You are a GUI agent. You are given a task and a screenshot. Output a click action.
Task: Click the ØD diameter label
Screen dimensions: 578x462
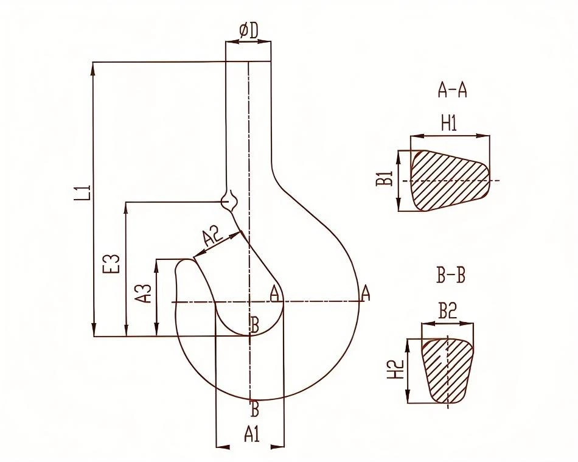pyautogui.click(x=249, y=31)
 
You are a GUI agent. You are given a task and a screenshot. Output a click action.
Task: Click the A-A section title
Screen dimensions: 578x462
pyautogui.click(x=452, y=89)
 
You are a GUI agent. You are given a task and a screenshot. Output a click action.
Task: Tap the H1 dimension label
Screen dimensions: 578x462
pyautogui.click(x=449, y=123)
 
